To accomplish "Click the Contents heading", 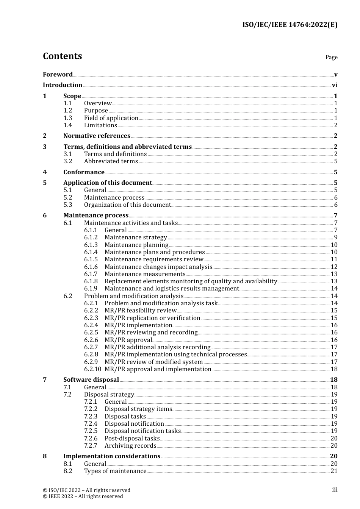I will tap(62, 56).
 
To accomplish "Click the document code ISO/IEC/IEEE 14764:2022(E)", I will tap(290, 25).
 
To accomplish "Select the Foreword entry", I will tap(58, 74).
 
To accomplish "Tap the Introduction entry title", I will tap(63, 85).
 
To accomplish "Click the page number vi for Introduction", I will tap(335, 85).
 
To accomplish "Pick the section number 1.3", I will tap(67, 118).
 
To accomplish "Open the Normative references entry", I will tap(97, 136).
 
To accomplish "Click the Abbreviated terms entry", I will tap(111, 161).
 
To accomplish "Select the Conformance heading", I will tap(84, 172).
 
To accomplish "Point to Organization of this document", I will tap(127, 205).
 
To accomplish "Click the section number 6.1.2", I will tap(91, 237).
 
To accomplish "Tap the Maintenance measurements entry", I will tap(145, 274).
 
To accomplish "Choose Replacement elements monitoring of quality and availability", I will tap(191, 281).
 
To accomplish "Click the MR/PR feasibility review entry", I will tap(141, 311).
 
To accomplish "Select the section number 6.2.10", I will tap(92, 369).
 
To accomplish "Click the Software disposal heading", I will tap(91, 380).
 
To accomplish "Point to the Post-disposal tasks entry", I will tap(132, 439).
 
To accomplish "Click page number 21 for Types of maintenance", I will tap(334, 471).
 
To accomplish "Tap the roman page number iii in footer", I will tap(335, 490).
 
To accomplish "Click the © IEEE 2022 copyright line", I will tap(83, 497).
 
